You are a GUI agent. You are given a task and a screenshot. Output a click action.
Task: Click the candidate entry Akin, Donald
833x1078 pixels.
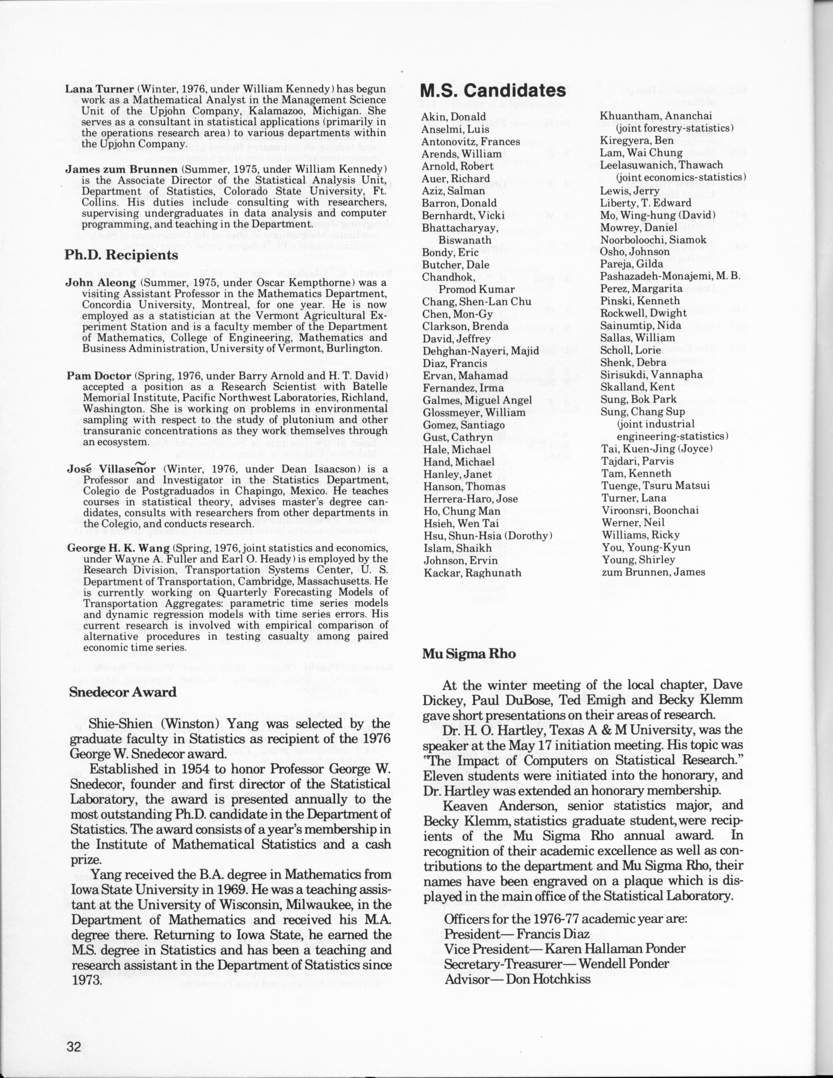[454, 117]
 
